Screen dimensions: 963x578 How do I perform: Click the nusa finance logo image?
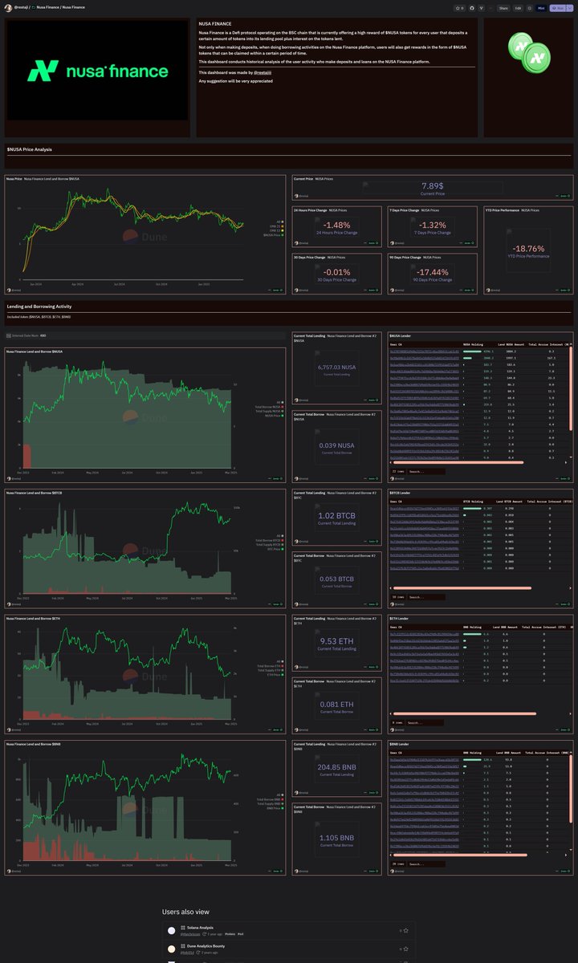coord(98,71)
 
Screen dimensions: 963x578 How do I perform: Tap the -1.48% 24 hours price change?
coord(338,225)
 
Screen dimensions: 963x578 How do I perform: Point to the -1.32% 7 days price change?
coord(433,225)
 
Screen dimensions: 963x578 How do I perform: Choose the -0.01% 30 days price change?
coord(338,272)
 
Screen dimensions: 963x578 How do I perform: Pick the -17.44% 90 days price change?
coord(433,272)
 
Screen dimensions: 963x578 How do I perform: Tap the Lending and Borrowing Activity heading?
coord(40,307)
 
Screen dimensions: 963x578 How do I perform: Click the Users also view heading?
coord(187,912)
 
